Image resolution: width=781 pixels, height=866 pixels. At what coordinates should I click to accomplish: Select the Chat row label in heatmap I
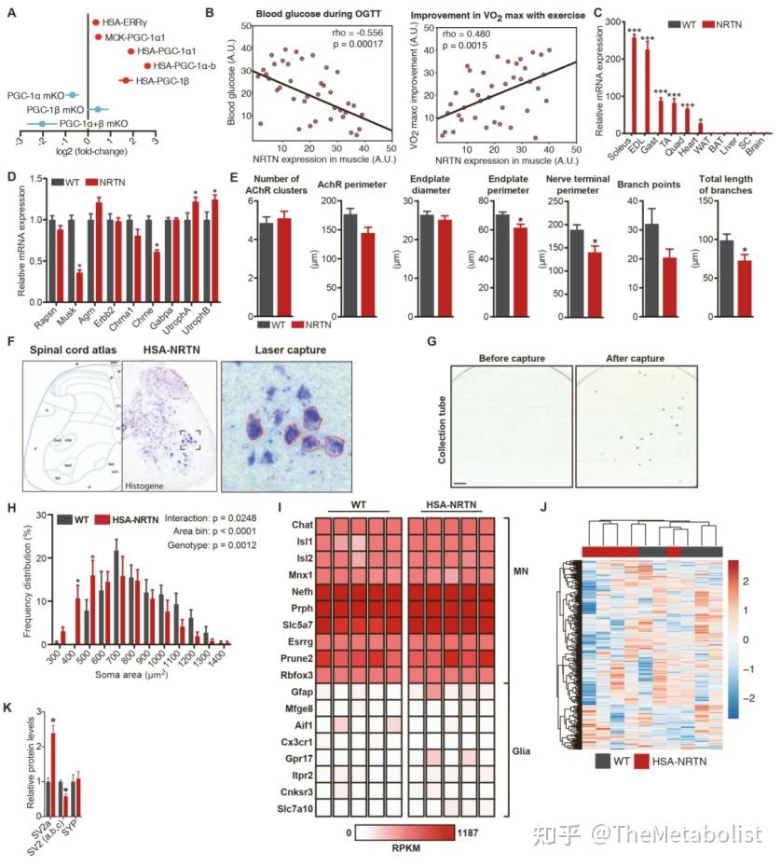[x=301, y=527]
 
